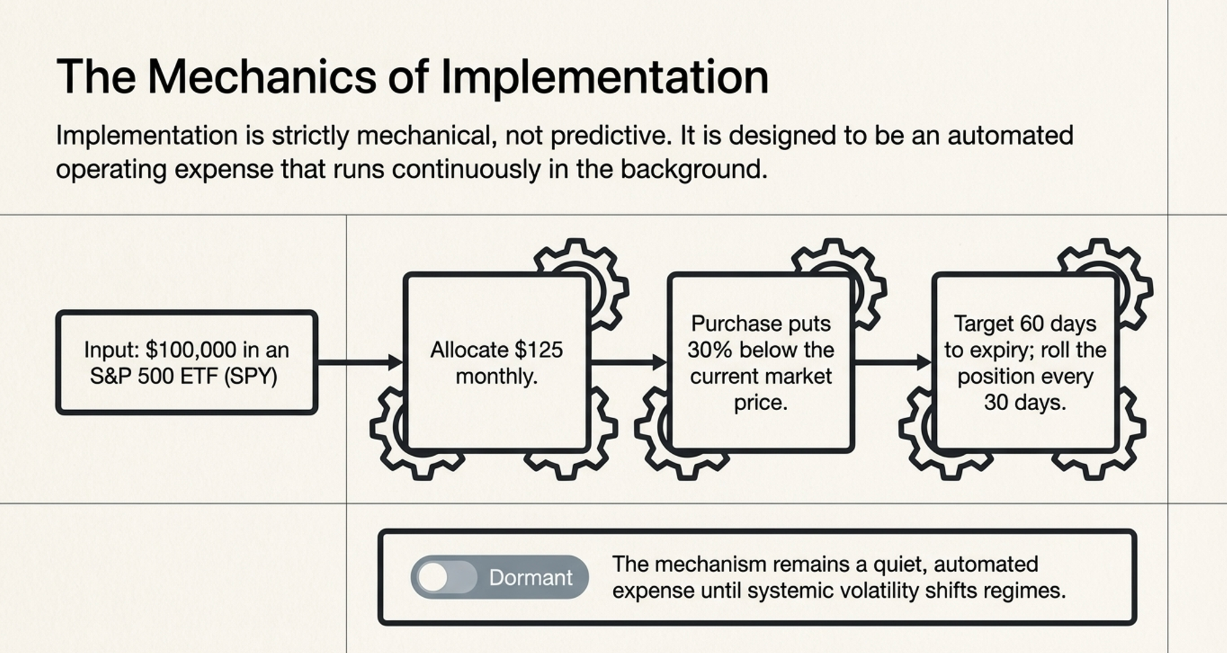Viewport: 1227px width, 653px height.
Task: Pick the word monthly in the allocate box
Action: coord(496,376)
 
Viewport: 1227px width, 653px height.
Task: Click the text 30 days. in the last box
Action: coord(1025,402)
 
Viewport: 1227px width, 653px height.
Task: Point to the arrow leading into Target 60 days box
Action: coord(893,362)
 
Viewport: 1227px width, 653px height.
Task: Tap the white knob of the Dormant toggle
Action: coord(433,577)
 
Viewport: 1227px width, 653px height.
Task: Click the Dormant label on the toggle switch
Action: coord(531,577)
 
